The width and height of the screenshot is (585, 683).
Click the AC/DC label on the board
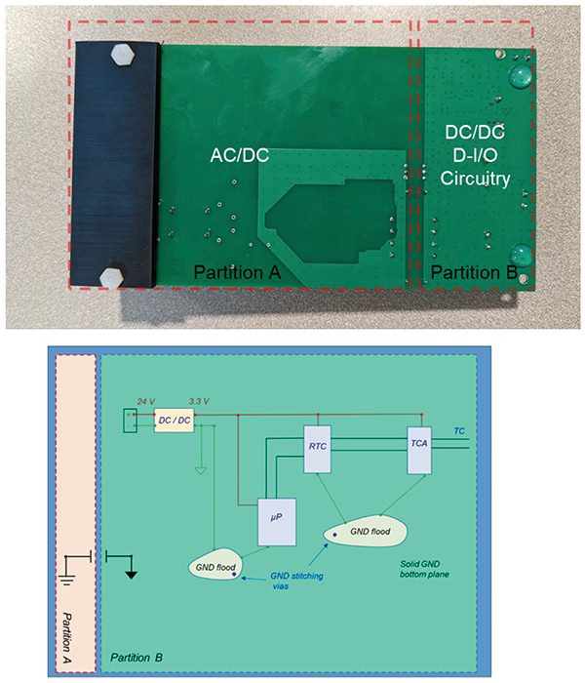[x=241, y=156]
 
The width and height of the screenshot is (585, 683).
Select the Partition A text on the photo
[x=237, y=271]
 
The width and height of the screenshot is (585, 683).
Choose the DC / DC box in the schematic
[x=176, y=419]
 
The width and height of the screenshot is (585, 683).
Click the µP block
[x=275, y=520]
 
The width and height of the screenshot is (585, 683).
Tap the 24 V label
[x=144, y=402]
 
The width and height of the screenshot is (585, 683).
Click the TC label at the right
[x=460, y=429]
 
